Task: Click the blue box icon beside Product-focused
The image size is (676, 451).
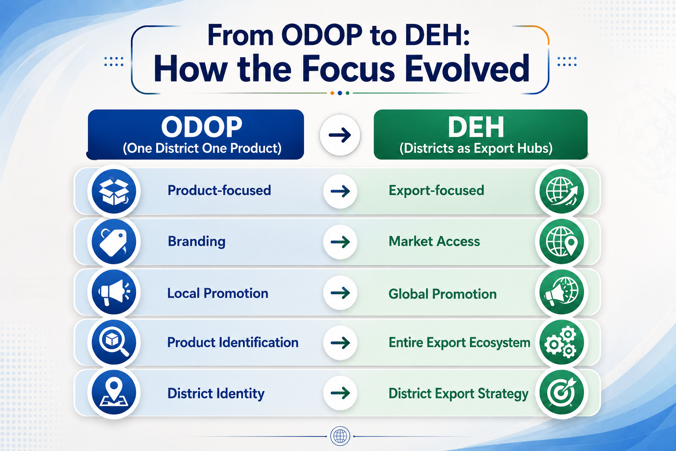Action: (114, 191)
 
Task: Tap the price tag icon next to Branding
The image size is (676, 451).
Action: (114, 242)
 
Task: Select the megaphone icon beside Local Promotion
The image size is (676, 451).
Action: (114, 292)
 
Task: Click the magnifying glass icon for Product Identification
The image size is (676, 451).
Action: (114, 343)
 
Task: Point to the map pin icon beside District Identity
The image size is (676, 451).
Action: (114, 393)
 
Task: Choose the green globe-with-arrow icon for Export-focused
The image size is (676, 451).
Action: (562, 191)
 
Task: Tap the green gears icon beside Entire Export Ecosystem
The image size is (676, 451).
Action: (562, 343)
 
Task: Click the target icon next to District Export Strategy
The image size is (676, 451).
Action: (562, 393)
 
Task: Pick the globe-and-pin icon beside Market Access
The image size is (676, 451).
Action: (562, 242)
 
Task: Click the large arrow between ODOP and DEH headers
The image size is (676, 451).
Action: (340, 135)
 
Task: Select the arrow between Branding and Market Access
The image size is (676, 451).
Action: (340, 242)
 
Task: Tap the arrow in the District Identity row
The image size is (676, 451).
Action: (340, 393)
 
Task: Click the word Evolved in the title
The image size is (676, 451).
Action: (467, 69)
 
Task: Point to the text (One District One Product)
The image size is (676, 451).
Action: (202, 148)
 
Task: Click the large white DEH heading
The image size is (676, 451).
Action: (476, 127)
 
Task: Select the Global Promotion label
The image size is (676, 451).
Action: (442, 294)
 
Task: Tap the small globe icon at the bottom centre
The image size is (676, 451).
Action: (340, 436)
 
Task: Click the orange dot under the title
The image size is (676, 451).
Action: (332, 93)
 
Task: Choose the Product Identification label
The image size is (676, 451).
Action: (233, 343)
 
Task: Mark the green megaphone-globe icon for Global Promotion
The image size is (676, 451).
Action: (562, 292)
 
